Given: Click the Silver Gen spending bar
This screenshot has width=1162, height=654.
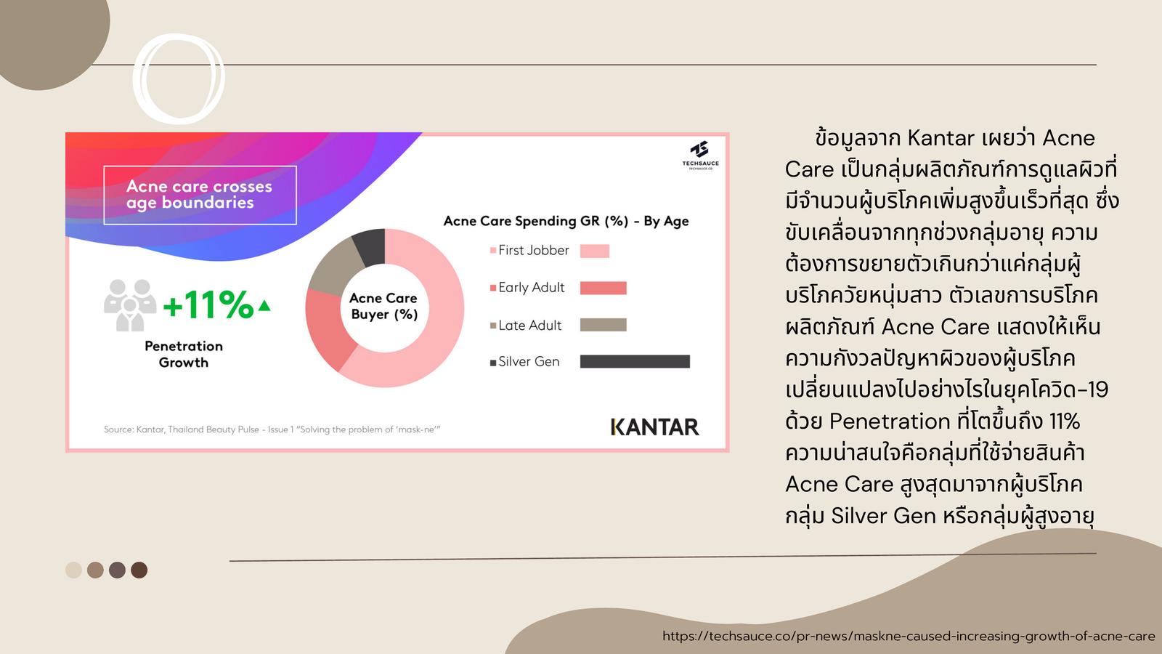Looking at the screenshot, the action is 635,361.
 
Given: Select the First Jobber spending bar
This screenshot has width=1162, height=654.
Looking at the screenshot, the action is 595,251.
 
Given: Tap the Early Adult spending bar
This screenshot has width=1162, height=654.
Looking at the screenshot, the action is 604,288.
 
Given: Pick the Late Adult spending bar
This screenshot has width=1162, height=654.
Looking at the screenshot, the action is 604,325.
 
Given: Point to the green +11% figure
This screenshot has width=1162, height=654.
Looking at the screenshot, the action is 208,304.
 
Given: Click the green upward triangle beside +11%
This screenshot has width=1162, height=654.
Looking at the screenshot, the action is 264,305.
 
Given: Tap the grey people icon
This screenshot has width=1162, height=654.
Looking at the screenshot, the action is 130,306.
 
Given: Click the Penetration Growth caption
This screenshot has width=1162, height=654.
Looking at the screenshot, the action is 184,354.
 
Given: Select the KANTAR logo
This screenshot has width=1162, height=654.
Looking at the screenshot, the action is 654,427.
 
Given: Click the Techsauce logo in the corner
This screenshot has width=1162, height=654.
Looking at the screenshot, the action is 700,155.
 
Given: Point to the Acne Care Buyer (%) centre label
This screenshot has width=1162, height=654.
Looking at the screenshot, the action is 384,306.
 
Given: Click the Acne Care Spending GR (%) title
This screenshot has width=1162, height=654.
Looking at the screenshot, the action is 566,221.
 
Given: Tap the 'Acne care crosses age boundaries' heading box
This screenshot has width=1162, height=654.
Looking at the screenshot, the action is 200,195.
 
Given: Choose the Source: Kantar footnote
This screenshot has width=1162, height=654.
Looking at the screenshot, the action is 272,429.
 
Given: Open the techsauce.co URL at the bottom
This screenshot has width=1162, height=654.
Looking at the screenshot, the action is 909,637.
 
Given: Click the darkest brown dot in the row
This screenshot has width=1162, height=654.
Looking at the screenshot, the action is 139,570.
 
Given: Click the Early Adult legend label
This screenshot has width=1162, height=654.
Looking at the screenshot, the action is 531,288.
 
